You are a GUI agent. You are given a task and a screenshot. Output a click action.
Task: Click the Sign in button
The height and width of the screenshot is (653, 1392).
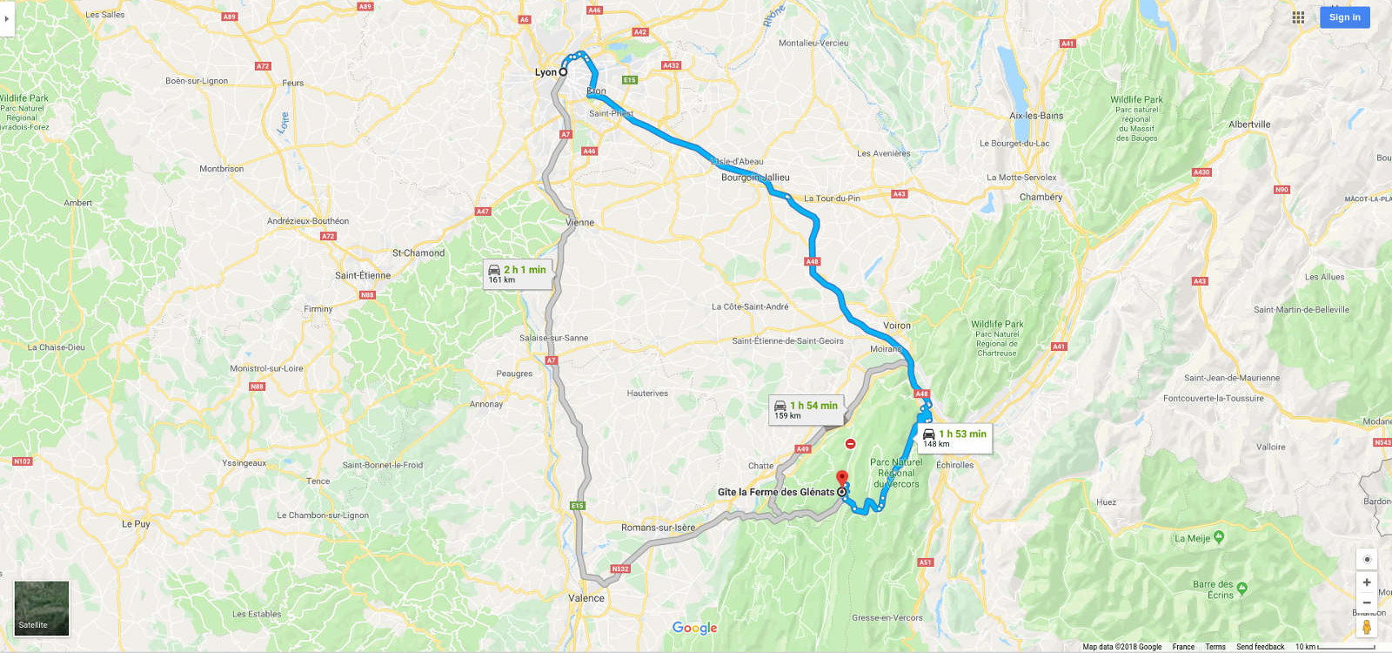[1344, 17]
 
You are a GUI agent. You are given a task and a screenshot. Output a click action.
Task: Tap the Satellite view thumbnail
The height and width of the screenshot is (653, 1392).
[41, 608]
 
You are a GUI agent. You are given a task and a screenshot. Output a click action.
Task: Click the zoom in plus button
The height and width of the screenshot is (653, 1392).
[1367, 582]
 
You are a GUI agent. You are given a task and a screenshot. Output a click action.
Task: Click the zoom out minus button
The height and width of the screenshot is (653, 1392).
[1367, 603]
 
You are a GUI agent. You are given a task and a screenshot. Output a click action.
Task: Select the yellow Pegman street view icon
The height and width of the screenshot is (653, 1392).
[1367, 627]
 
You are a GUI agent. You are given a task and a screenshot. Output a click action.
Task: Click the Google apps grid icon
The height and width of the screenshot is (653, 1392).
[1298, 17]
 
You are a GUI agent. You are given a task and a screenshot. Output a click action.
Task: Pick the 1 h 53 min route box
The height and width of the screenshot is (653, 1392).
[954, 438]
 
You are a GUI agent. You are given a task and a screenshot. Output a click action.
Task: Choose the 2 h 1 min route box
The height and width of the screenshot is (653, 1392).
[517, 273]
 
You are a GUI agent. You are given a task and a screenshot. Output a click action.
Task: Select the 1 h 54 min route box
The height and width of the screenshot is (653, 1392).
[806, 409]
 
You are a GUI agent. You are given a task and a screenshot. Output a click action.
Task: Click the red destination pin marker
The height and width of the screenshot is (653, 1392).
[841, 478]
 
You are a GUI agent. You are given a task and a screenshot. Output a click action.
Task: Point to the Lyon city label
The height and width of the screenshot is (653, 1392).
[545, 72]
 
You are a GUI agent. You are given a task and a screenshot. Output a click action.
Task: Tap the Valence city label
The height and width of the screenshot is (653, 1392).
[586, 598]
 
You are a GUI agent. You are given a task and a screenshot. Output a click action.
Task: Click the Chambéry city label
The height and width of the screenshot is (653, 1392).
[1041, 197]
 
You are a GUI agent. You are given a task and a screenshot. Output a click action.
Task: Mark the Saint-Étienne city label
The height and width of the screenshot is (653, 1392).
[363, 275]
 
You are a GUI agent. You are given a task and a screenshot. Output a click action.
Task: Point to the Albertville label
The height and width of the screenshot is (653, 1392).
[1249, 125]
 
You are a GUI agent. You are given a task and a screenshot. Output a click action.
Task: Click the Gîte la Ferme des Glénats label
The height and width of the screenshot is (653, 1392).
[775, 492]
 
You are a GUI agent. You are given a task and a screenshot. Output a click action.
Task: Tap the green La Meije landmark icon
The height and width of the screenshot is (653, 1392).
[1219, 537]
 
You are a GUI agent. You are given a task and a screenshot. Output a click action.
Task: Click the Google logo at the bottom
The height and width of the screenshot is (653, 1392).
[694, 628]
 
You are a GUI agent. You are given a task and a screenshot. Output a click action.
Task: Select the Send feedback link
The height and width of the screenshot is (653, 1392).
[1260, 647]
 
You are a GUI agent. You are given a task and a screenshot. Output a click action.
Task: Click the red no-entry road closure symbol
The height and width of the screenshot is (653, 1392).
[850, 444]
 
